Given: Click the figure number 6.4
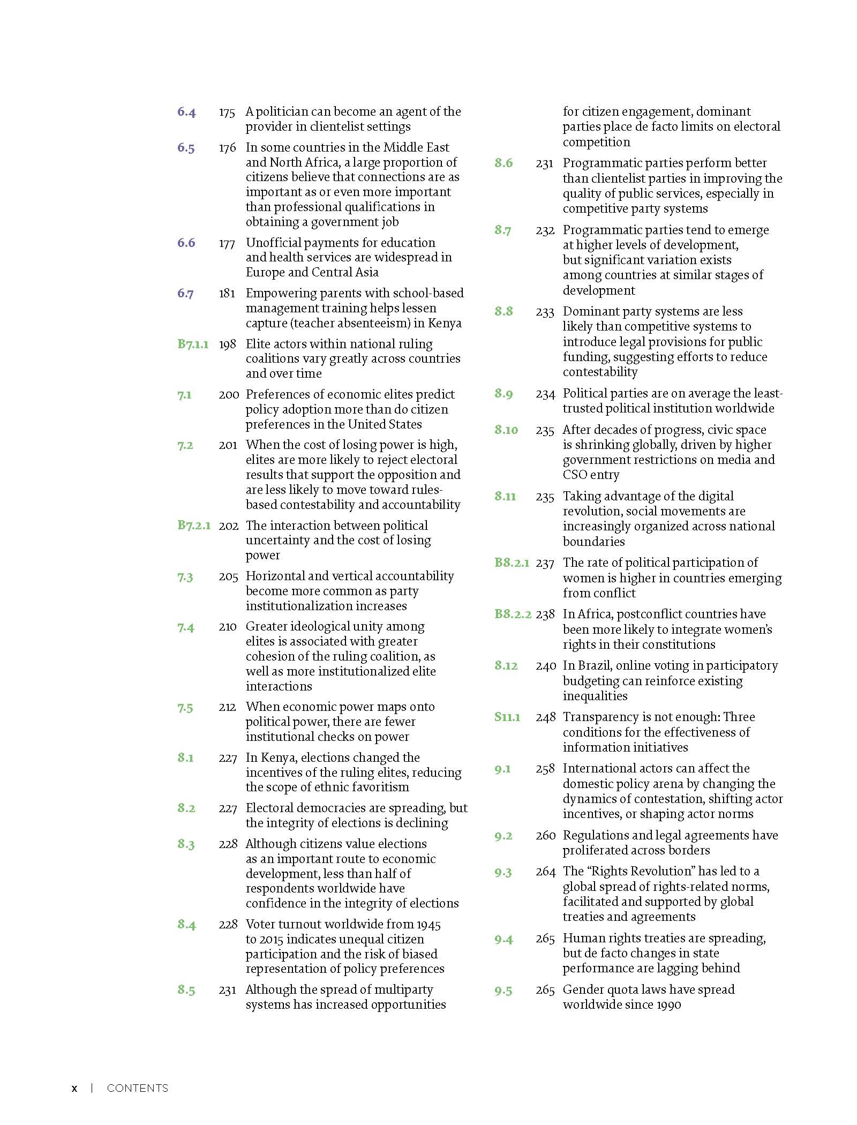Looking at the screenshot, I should coord(186,112).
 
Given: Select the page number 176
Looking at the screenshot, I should coord(227,148).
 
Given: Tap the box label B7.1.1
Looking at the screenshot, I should coord(193,344).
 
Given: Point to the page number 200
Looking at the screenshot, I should coord(229,395).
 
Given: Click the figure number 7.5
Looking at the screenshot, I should coord(185,707).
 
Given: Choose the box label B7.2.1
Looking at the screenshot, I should coord(194,526).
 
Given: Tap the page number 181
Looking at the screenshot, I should coord(227,294).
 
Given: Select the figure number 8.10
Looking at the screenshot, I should coord(506,430).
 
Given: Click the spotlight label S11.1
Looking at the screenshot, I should coord(507,717).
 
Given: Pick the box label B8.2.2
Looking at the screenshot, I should coord(513,614).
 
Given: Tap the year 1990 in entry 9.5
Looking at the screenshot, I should coord(667,1004).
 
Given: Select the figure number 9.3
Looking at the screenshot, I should coord(503,872).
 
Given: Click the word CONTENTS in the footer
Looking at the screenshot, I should coord(138,1088).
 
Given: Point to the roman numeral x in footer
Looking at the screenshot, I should coord(74,1088).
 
